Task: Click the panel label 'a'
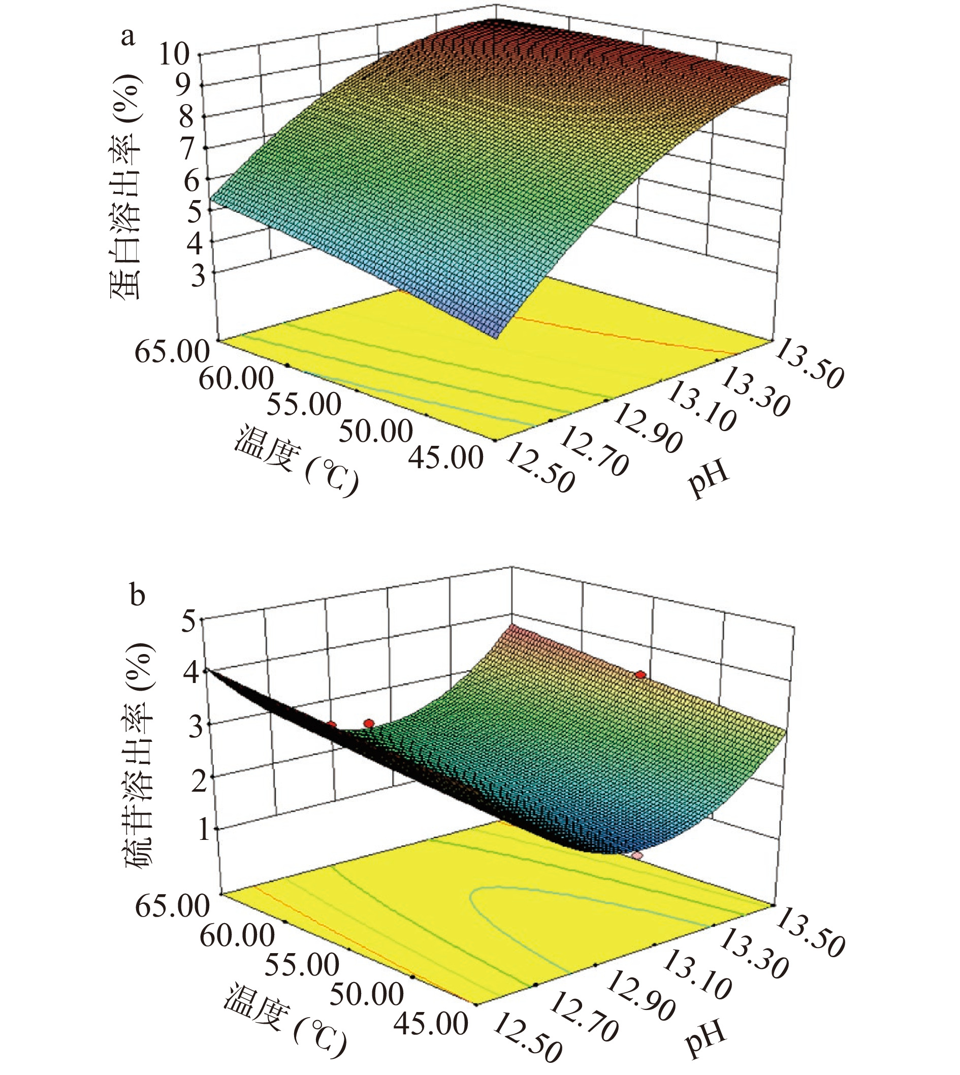coord(127,38)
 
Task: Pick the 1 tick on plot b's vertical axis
coord(200,830)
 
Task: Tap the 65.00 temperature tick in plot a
coord(172,352)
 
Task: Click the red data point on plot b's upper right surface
coord(641,675)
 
